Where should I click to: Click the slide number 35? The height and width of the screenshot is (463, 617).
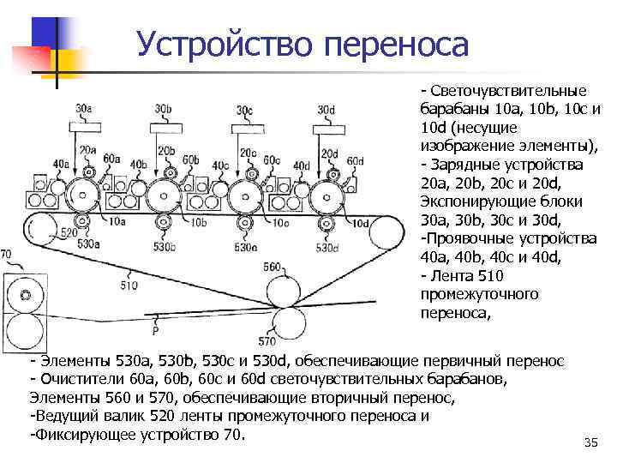click(589, 442)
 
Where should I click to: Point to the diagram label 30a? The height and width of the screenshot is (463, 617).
click(83, 109)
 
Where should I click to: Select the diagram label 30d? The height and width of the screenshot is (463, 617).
click(326, 109)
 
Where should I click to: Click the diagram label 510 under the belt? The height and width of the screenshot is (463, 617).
click(129, 286)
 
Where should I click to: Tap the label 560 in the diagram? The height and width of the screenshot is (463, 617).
click(272, 267)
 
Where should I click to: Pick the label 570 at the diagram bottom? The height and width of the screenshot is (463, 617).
click(267, 341)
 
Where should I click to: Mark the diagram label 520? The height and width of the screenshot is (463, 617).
click(69, 233)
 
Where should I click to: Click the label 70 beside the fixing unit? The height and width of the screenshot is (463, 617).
click(6, 255)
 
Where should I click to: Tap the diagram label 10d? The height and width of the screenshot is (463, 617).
click(359, 224)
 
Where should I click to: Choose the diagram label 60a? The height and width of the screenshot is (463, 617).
click(111, 158)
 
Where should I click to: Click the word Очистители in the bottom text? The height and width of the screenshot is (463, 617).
click(78, 379)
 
